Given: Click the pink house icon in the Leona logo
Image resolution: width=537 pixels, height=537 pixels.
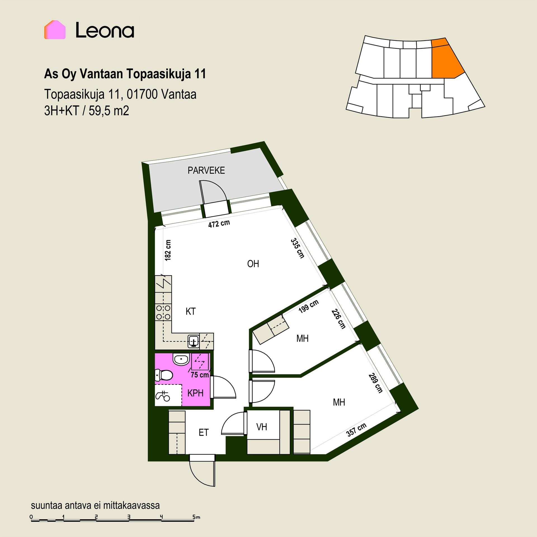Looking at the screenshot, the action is point(55,30).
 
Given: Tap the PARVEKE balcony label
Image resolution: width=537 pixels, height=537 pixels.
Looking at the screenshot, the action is point(206,171).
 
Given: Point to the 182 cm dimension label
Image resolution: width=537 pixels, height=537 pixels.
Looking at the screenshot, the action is point(168,250).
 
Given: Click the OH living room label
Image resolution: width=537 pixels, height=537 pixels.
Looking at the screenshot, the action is point(253,264).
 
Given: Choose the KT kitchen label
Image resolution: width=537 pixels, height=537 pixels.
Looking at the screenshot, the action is point(190,311).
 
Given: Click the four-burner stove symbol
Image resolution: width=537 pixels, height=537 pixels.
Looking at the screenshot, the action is point(163,312).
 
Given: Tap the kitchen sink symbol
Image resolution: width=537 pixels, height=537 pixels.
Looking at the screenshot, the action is point(194,341).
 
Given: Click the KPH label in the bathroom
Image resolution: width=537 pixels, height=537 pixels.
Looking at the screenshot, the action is point(195,393).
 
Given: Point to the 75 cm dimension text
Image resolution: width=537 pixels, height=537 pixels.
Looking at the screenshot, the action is point(200,375).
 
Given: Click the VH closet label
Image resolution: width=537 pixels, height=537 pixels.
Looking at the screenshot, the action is point(262,427).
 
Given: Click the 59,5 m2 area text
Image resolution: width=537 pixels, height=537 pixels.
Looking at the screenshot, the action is point(109,111).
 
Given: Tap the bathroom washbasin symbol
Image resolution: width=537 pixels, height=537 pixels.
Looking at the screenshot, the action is point(181,359).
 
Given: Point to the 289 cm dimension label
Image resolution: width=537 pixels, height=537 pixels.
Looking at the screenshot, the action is point(375,383).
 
